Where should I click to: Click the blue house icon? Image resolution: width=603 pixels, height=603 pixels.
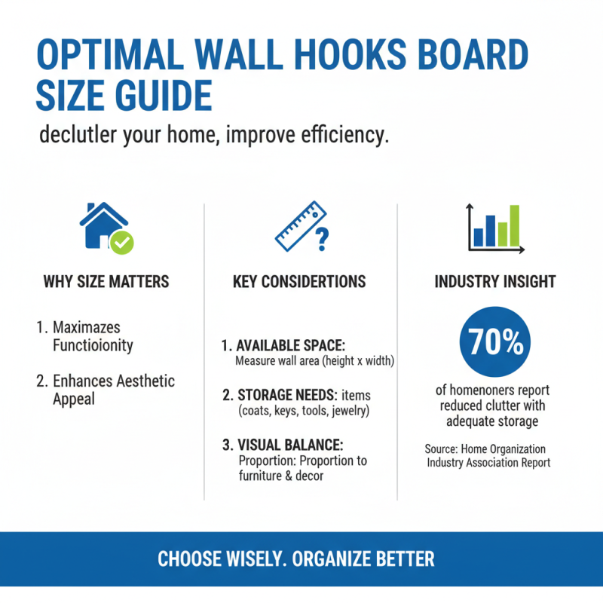[102, 224]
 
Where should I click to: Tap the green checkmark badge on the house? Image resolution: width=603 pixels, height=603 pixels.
[121, 242]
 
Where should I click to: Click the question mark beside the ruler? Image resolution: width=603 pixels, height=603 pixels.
[322, 240]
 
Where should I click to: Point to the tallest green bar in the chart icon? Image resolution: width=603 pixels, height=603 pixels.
[514, 225]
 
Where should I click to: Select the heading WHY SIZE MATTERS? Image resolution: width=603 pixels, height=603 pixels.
[106, 282]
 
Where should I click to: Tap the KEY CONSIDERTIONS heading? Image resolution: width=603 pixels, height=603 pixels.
[299, 282]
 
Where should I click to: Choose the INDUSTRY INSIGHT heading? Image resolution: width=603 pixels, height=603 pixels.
[495, 282]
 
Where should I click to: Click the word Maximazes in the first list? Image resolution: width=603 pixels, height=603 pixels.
[87, 328]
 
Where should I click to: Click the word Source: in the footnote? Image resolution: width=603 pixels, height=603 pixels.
[445, 449]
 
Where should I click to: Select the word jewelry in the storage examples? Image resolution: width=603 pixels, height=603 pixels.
[347, 411]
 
